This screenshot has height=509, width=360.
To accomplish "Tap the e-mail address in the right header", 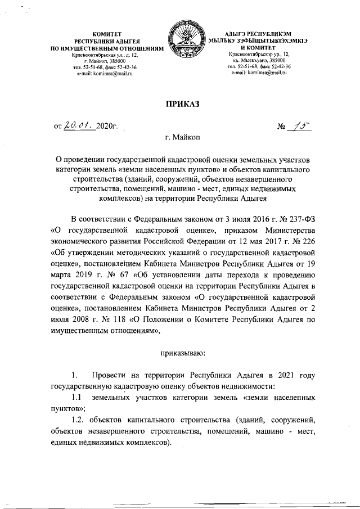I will point(262,74).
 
